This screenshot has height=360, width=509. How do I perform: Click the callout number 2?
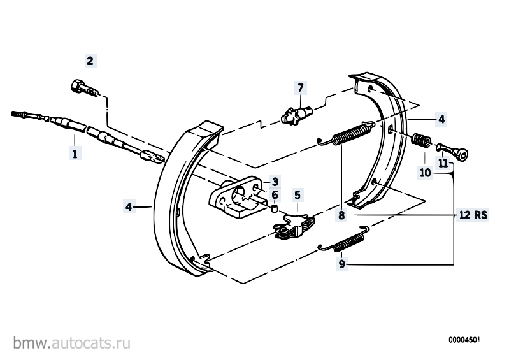[90, 61]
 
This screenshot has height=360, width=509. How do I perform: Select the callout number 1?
[75, 153]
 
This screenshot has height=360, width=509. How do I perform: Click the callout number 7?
[301, 88]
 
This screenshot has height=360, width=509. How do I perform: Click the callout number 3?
[275, 182]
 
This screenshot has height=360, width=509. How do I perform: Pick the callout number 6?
[275, 195]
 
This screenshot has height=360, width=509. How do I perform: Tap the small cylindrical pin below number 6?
[275, 208]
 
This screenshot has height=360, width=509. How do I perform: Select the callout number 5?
[298, 195]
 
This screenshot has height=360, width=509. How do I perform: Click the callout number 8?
[341, 215]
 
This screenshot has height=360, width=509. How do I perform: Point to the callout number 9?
[341, 264]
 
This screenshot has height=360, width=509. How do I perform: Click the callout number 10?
[425, 173]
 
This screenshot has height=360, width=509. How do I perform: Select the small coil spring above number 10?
[421, 141]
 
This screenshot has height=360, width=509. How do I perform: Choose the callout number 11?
[443, 162]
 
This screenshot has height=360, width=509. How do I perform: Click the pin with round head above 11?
[452, 152]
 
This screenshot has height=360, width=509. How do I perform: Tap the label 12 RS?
[473, 215]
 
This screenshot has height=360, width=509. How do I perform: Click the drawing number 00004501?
[464, 340]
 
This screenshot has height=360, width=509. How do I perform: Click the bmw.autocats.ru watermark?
[72, 343]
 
